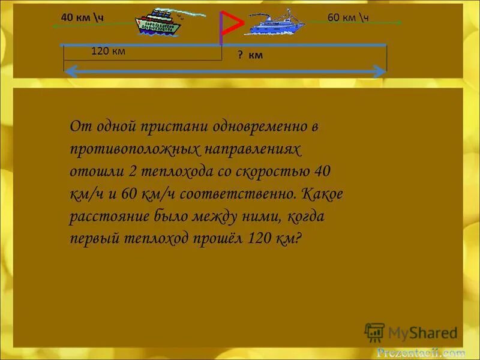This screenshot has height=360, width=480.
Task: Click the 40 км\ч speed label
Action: point(82,17)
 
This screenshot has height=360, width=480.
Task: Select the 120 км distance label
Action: point(108,52)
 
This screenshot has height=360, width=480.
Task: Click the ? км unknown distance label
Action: point(250,55)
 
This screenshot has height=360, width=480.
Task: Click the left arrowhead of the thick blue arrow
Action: point(71,72)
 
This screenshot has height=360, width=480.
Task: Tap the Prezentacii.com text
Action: point(421,353)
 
